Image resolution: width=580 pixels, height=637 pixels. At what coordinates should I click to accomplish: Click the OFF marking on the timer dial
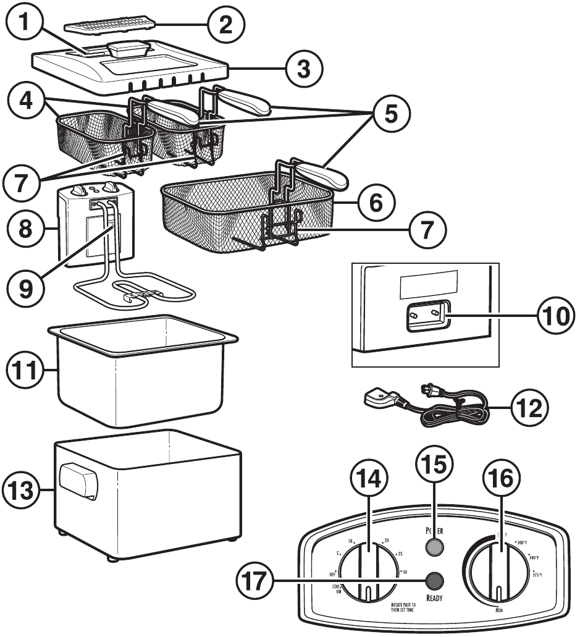coord(333,574)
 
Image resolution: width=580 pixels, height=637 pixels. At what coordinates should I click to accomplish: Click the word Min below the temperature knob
coord(498,610)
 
